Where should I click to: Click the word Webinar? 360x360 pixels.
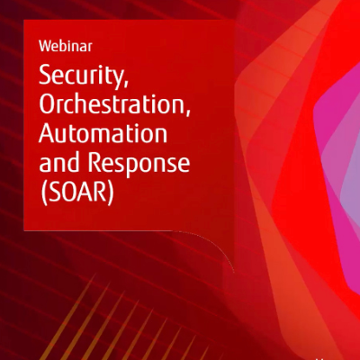click(x=66, y=47)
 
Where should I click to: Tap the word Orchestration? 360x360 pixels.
click(x=111, y=103)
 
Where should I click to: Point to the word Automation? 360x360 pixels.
click(x=103, y=133)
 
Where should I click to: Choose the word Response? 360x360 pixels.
click(x=139, y=165)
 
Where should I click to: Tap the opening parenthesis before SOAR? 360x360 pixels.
click(x=44, y=193)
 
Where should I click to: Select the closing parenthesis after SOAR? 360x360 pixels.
click(x=111, y=193)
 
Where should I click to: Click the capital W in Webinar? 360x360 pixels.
click(x=44, y=47)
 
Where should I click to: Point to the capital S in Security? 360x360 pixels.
click(x=45, y=75)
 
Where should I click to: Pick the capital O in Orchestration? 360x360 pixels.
click(x=49, y=103)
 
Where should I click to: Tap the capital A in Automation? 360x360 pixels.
click(x=48, y=133)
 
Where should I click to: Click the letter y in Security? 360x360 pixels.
click(x=113, y=79)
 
